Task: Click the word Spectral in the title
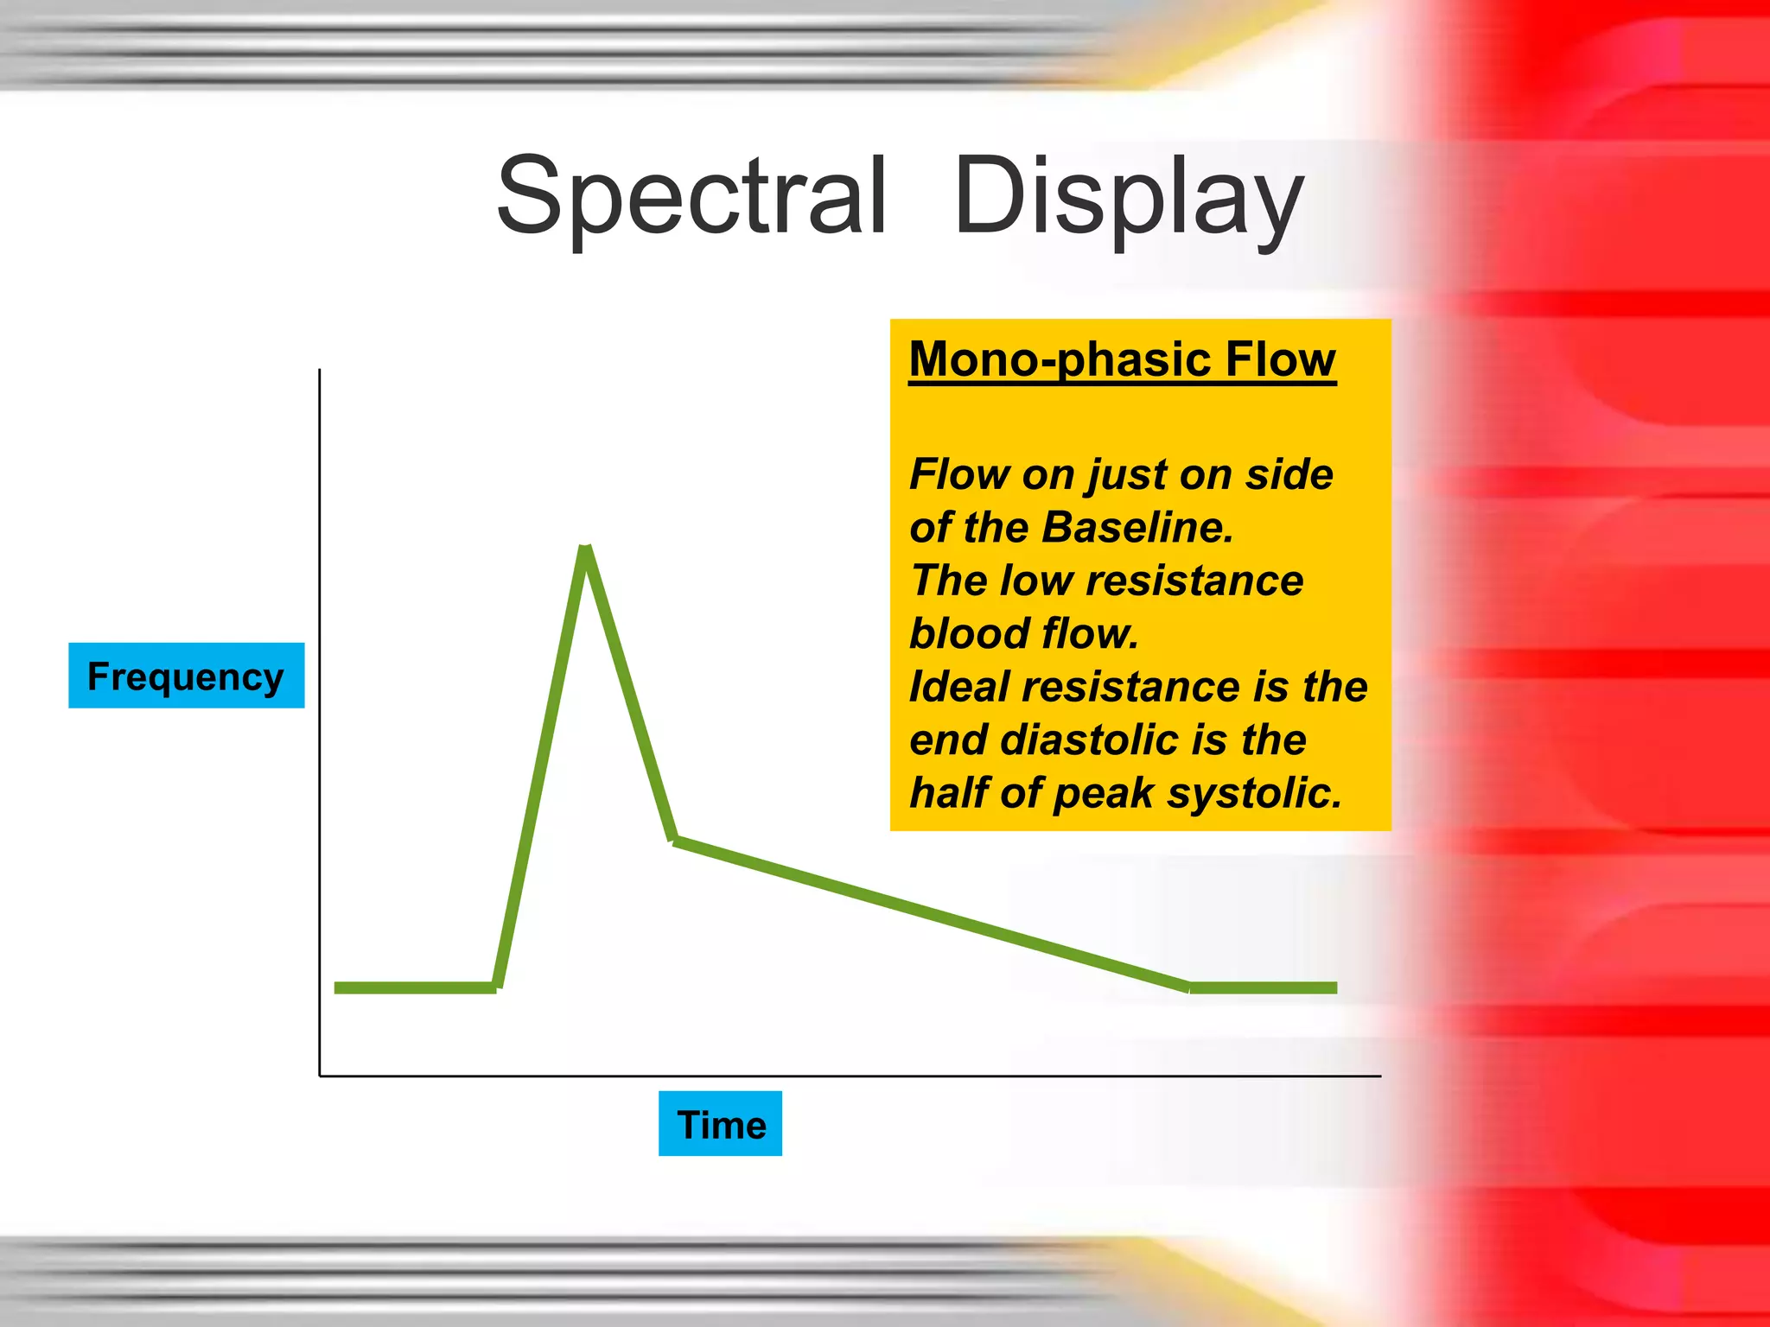tap(691, 197)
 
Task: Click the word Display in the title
tap(1128, 197)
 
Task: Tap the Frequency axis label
tap(186, 676)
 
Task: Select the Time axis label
tap(721, 1125)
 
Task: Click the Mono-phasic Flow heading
tap(1122, 359)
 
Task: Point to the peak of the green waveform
tap(586, 549)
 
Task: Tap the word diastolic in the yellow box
tap(1092, 740)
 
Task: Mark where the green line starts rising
tap(497, 987)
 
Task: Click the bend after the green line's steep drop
tap(675, 839)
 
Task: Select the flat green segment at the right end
tap(1263, 987)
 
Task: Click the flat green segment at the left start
tap(415, 987)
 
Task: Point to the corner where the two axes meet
tap(320, 1076)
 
